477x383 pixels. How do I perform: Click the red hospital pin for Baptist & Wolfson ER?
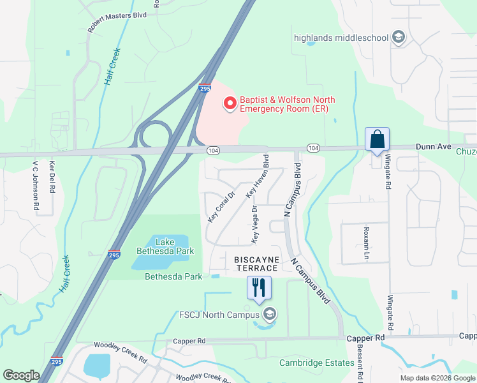point(230,102)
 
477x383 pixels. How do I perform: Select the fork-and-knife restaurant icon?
point(259,287)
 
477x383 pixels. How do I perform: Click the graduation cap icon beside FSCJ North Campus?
point(270,313)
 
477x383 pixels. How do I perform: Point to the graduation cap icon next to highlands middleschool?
point(399,37)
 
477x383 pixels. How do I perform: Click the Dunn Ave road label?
point(434,147)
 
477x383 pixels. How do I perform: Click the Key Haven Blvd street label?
point(258,174)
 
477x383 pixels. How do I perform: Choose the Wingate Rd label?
point(388,172)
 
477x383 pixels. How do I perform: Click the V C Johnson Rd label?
point(36,186)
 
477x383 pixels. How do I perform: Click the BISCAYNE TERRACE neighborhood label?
point(256,264)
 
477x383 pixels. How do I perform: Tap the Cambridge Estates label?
point(316,363)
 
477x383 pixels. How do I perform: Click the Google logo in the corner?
point(21,375)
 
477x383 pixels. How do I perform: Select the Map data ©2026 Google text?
point(437,378)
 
